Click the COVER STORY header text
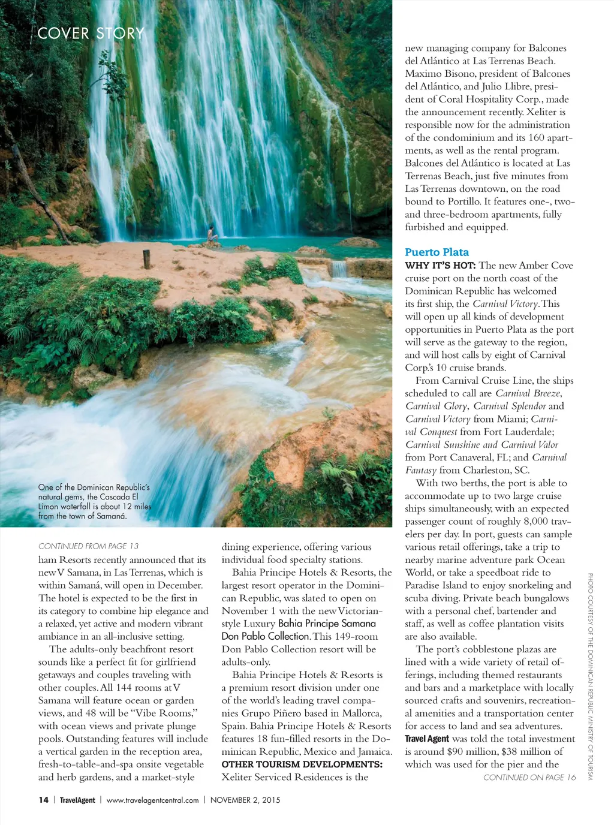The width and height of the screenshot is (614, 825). (91, 34)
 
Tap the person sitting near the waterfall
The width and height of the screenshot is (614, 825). (211, 234)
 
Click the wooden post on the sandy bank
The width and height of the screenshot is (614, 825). (146, 259)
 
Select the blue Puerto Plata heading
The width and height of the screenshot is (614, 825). (437, 252)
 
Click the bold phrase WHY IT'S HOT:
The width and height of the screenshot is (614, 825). (440, 266)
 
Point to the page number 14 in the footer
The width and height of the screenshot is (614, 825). (43, 800)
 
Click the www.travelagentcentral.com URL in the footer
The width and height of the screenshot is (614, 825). (152, 800)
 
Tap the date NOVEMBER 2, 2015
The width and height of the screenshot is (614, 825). (245, 800)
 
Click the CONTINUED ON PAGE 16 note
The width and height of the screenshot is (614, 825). (529, 778)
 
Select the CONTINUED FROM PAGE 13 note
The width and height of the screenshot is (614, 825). (88, 546)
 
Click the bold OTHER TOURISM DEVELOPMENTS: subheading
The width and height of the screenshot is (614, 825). (302, 764)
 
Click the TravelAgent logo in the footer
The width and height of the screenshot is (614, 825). (77, 800)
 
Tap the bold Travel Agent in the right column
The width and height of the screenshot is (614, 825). (426, 739)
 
